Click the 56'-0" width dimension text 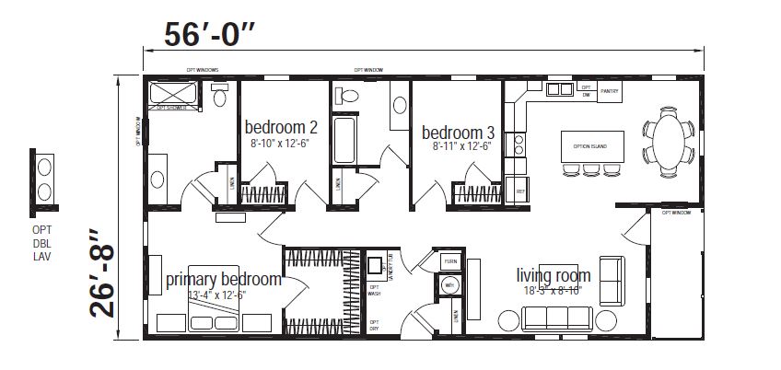click(x=210, y=34)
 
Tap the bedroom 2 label click(x=281, y=126)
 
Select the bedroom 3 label click(x=457, y=130)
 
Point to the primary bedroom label click(x=223, y=279)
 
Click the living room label click(x=553, y=274)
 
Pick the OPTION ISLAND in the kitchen click(x=592, y=146)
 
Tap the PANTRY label click(x=609, y=92)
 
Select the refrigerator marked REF click(x=519, y=191)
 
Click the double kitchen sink click(x=558, y=89)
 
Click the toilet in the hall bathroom click(x=347, y=95)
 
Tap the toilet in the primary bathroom click(x=219, y=96)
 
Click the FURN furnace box click(x=449, y=261)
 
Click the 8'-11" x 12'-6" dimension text click(x=461, y=145)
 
